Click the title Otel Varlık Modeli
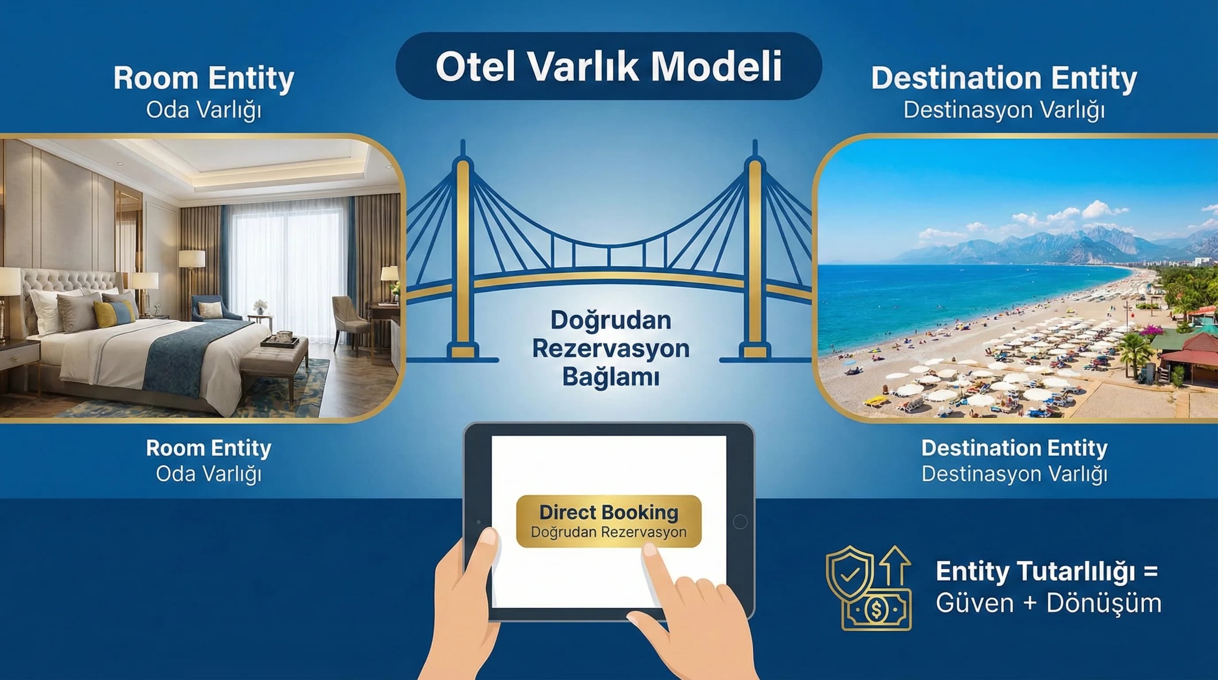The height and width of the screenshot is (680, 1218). coord(609,66)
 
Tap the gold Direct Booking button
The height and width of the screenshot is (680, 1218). coord(609,521)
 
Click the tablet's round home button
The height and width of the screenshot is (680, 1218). coord(740,522)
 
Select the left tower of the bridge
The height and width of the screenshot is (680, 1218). coord(463,255)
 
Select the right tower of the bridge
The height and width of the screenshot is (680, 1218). coord(755,255)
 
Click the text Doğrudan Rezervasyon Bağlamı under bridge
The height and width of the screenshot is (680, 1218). coord(610,348)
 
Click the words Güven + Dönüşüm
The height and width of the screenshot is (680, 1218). coord(1048,603)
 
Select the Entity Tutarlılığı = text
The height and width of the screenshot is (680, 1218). coord(1046,571)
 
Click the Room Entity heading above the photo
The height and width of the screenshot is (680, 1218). coord(204,78)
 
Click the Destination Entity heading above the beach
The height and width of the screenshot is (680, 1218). coord(1004,78)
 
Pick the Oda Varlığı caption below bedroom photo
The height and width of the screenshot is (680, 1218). coord(208,474)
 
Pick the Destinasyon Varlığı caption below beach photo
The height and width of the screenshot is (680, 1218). coord(1014,474)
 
